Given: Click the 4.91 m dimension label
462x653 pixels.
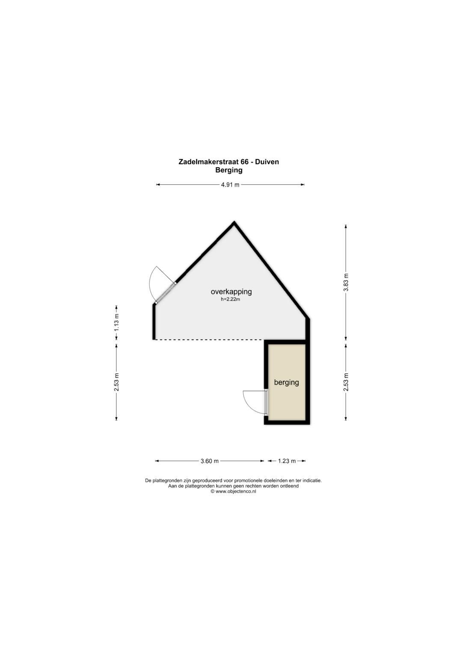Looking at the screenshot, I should [230, 185].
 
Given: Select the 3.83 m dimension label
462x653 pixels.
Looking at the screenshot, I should [346, 282].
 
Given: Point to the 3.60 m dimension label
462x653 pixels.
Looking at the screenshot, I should [210, 461].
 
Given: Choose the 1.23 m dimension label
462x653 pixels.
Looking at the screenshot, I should [287, 461].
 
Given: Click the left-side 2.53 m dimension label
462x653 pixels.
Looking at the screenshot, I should [116, 382].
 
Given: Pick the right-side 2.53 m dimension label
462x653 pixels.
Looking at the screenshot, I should [346, 382].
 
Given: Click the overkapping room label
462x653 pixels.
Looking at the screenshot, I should [231, 292].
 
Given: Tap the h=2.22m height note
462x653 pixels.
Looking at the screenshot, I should [231, 299].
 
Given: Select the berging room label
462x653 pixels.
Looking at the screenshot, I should [286, 382].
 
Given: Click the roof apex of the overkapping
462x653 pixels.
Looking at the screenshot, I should [234, 223].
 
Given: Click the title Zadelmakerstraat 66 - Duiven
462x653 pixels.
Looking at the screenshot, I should [228, 162].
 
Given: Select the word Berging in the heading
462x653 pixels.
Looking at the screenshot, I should [228, 170].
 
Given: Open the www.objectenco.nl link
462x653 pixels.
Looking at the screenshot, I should [236, 491].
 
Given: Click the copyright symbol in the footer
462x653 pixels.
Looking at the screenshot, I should [212, 491].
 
